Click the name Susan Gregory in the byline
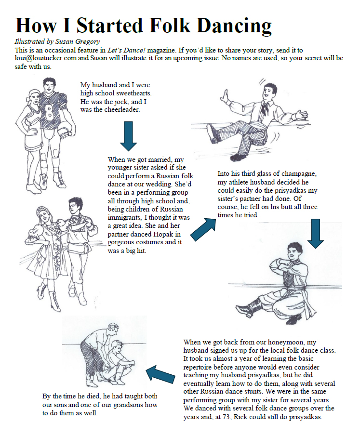(x=77, y=42)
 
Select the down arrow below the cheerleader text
(x=129, y=136)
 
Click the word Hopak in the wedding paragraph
(x=165, y=234)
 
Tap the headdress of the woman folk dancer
(x=45, y=209)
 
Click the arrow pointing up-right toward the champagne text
(x=203, y=229)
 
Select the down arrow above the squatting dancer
(x=316, y=233)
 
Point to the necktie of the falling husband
(x=264, y=106)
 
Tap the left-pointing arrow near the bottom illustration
(x=160, y=373)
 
